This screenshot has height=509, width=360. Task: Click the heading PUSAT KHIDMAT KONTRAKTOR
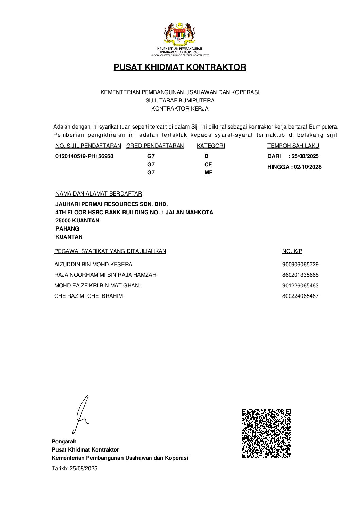click(x=180, y=67)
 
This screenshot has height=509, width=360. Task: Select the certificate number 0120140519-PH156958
click(x=84, y=156)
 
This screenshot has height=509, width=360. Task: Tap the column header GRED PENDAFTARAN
click(x=155, y=146)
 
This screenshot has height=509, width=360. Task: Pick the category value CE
click(x=208, y=165)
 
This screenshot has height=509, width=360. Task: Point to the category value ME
click(x=208, y=173)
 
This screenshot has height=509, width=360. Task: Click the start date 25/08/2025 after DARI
click(x=305, y=156)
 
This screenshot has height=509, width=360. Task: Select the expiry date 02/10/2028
click(x=308, y=167)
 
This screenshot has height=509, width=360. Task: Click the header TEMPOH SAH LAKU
click(x=293, y=146)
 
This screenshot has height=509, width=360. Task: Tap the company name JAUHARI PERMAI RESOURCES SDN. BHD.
click(x=112, y=204)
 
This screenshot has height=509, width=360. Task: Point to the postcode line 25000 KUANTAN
click(x=77, y=221)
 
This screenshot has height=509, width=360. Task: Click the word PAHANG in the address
click(x=67, y=229)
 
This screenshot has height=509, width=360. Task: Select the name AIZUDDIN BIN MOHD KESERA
click(x=93, y=265)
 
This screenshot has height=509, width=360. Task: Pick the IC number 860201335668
click(x=300, y=275)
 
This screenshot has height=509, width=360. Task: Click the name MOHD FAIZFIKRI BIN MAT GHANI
click(x=97, y=286)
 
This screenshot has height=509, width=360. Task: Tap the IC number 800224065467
click(x=300, y=296)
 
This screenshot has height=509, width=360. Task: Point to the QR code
click(x=266, y=434)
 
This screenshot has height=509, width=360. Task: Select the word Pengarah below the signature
click(x=64, y=442)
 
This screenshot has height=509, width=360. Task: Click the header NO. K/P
click(x=292, y=251)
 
